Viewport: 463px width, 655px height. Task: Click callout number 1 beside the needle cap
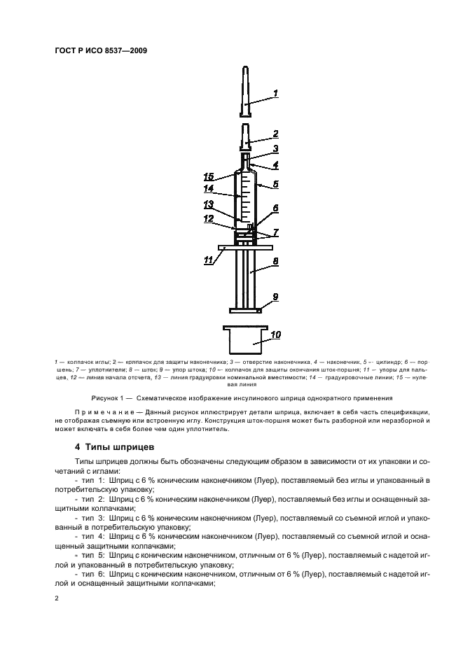(x=275, y=93)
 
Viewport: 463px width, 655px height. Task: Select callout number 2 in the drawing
(x=275, y=133)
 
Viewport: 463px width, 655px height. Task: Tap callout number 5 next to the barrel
(x=275, y=185)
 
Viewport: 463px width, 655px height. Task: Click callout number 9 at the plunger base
(x=275, y=297)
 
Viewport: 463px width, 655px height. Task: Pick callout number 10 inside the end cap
(x=275, y=335)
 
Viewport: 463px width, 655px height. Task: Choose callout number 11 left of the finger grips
(x=207, y=260)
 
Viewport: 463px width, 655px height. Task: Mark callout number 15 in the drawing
(x=208, y=176)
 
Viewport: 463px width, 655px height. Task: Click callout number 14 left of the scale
(x=208, y=189)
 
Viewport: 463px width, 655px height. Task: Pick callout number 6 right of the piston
(x=275, y=208)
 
